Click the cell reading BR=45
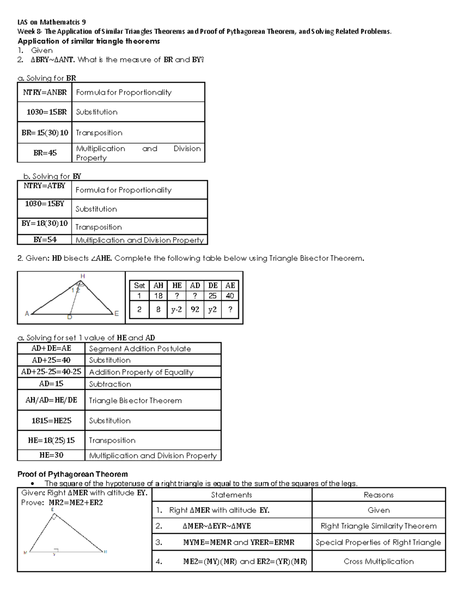pyautogui.click(x=45, y=153)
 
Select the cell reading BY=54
pyautogui.click(x=45, y=240)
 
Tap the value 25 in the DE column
pyautogui.click(x=213, y=296)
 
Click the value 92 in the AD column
pyautogui.click(x=195, y=309)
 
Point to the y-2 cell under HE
pyautogui.click(x=176, y=309)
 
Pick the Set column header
pyautogui.click(x=139, y=286)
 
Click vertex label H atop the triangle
pyautogui.click(x=83, y=276)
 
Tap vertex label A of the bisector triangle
pyautogui.click(x=27, y=314)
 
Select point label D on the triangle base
pyautogui.click(x=69, y=317)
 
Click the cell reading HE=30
pyautogui.click(x=51, y=455)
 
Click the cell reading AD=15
pyautogui.click(x=51, y=384)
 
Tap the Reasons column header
pyautogui.click(x=379, y=495)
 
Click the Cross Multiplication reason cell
pyautogui.click(x=379, y=561)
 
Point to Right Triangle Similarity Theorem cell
pyautogui.click(x=379, y=526)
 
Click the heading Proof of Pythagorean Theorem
pyautogui.click(x=73, y=474)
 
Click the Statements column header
pyautogui.click(x=231, y=495)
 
